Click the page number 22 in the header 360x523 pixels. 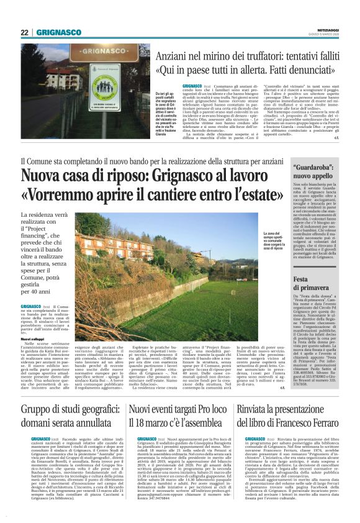pos(24,32)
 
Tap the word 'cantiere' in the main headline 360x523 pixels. pos(208,196)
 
